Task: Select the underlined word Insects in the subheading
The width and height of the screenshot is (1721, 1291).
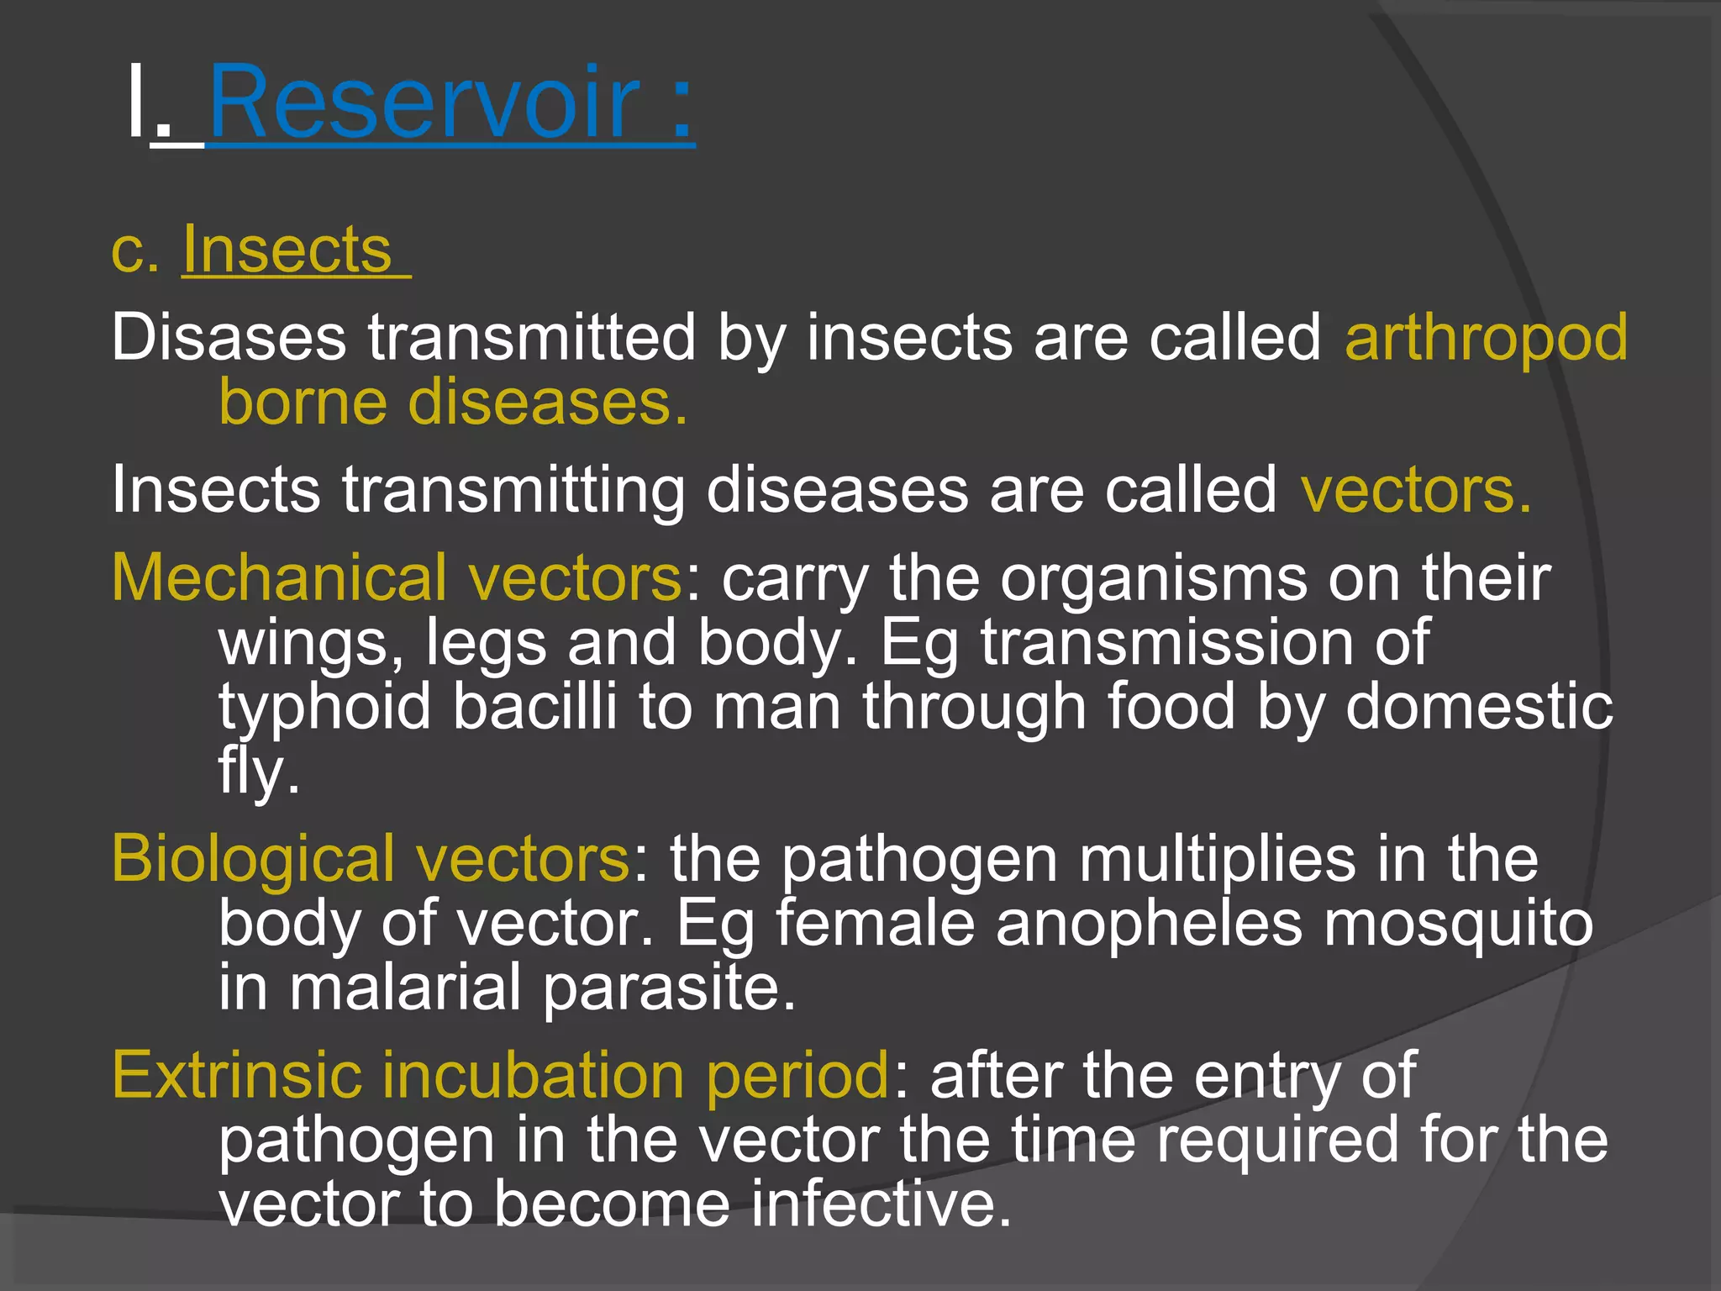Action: pos(287,250)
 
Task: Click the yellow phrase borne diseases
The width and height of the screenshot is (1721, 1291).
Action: pos(452,403)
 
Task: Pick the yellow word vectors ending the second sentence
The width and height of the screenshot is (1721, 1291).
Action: pos(1415,490)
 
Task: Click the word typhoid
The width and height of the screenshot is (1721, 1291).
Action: pos(324,708)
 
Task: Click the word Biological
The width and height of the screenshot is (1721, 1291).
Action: pos(252,859)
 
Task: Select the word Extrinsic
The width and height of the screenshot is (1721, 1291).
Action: pos(234,1075)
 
